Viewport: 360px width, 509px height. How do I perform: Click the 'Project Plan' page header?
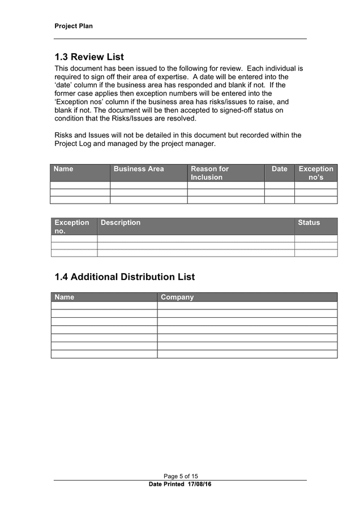tap(74, 26)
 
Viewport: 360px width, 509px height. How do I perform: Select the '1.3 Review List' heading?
tap(89, 57)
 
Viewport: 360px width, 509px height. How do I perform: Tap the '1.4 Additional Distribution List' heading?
tap(125, 277)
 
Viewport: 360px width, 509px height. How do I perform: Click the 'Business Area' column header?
tap(139, 169)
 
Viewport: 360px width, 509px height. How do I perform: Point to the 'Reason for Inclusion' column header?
tap(209, 173)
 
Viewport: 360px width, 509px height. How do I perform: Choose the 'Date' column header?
tap(279, 169)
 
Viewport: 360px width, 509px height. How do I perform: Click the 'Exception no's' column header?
tap(316, 173)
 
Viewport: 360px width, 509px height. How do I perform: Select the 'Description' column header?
tap(121, 223)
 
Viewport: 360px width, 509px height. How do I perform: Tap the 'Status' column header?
tap(308, 223)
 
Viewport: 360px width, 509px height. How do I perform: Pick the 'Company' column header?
tap(177, 297)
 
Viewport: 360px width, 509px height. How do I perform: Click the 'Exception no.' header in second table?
tap(72, 227)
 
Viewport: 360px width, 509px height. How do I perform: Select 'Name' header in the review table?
tap(63, 169)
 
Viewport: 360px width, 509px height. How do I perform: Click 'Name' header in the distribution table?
tap(65, 297)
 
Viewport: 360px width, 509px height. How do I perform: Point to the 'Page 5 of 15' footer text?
tap(181, 476)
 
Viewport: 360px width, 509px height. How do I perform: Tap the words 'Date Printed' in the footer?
tap(166, 485)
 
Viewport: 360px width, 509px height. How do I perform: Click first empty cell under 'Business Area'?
tap(148, 185)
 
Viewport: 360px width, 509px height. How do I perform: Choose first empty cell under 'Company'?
tap(247, 305)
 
